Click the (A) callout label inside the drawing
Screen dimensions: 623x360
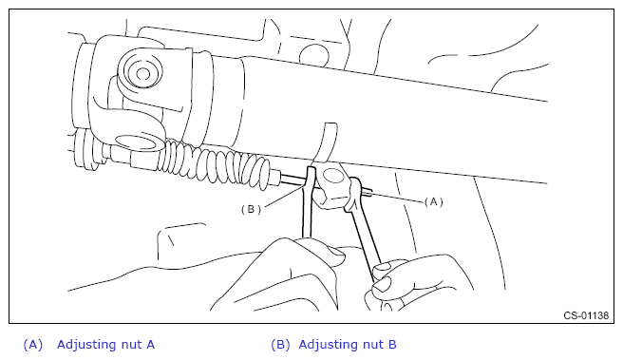[433, 202]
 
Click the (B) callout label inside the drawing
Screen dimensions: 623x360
[251, 209]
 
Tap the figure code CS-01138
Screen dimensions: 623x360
[586, 315]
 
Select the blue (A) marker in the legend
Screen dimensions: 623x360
[33, 345]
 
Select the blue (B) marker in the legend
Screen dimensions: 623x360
[280, 345]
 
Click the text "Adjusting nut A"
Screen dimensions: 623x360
[105, 345]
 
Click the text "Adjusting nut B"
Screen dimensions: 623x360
[348, 345]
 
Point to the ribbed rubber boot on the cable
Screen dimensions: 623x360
[217, 162]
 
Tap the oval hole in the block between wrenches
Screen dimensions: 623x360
[333, 175]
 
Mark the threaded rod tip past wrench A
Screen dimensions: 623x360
[368, 193]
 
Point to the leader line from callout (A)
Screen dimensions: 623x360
[397, 198]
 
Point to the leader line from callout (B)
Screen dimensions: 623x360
[285, 197]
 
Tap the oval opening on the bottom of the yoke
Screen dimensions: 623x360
[136, 143]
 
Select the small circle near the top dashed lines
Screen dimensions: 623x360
[314, 56]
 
